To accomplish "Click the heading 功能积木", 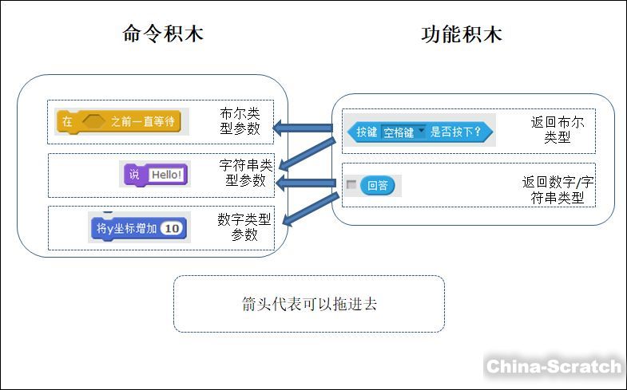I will [462, 34].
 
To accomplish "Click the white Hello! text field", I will [166, 175].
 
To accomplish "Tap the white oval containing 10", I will [171, 229].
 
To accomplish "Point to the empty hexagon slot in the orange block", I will [93, 122].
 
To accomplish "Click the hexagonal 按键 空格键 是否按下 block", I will [419, 132].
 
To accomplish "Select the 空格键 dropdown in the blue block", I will [403, 132].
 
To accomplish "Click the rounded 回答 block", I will [377, 186].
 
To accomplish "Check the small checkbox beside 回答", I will [351, 185].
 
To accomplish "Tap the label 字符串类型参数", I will [246, 173].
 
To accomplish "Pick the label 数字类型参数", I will [244, 227].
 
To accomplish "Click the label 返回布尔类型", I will [557, 130].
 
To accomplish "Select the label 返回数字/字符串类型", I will [558, 190].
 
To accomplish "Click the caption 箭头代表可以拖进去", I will [309, 305].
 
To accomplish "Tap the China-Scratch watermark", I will [554, 367].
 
